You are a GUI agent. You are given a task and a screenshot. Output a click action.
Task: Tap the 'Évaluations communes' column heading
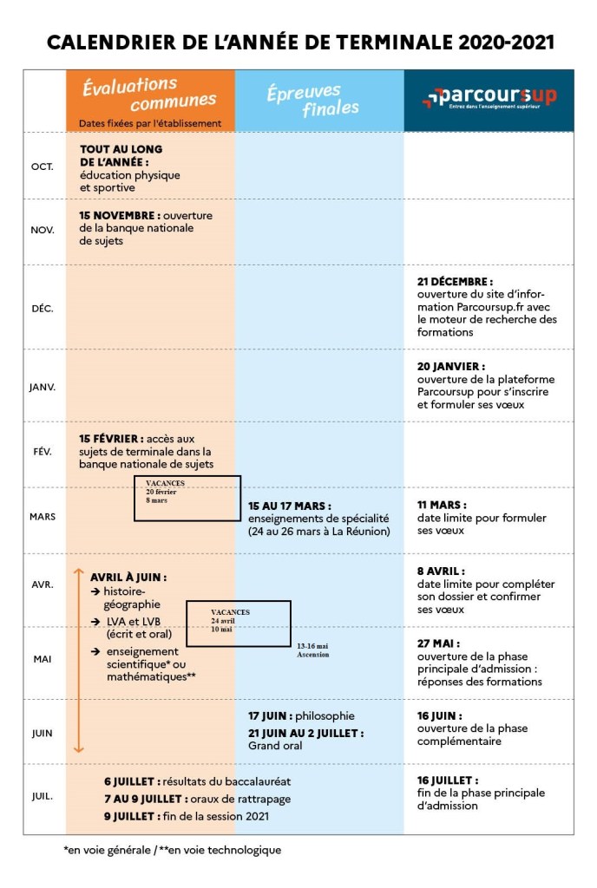coord(130,91)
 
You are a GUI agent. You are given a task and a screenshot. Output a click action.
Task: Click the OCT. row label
coord(43,166)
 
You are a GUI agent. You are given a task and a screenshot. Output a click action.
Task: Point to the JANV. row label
coord(43,387)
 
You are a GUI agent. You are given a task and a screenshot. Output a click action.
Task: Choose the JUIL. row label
coord(43,794)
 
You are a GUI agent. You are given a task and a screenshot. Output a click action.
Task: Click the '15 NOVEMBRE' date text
coord(119,216)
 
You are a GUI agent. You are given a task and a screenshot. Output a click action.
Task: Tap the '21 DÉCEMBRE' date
coord(455,282)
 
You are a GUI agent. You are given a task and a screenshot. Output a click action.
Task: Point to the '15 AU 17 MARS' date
coord(290,506)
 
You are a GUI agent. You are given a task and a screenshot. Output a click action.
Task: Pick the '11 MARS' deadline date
coord(442,505)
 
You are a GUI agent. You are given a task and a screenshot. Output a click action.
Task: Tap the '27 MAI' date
coord(438,644)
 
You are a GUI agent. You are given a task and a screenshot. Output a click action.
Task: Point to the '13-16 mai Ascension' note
coord(312,650)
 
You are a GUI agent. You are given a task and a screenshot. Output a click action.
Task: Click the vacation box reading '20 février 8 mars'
coord(187,498)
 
